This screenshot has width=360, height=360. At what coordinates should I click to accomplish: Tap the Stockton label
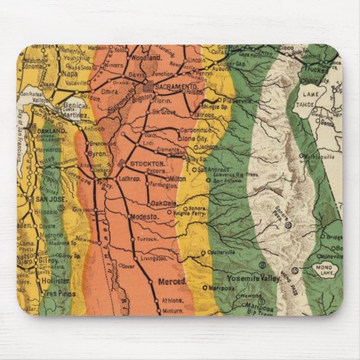tap(146, 164)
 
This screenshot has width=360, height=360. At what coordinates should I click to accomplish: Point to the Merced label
tap(172, 281)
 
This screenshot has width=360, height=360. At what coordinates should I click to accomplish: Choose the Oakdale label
tap(163, 203)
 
